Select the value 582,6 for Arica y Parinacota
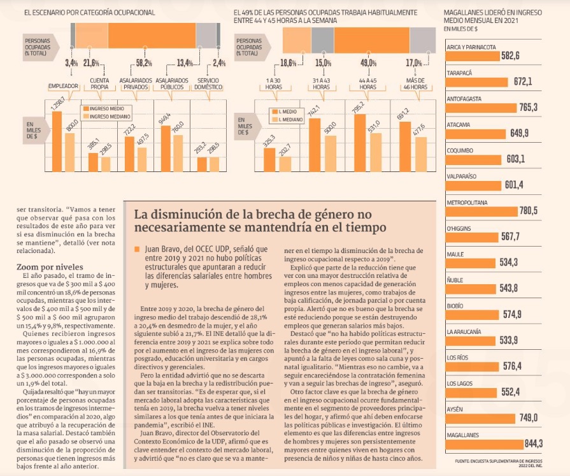coord(511,56)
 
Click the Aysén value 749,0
coord(529,417)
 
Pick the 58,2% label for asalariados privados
coord(144,62)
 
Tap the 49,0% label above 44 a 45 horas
coord(368,62)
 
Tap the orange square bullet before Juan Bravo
coord(131,249)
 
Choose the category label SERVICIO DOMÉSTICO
coord(210,83)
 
